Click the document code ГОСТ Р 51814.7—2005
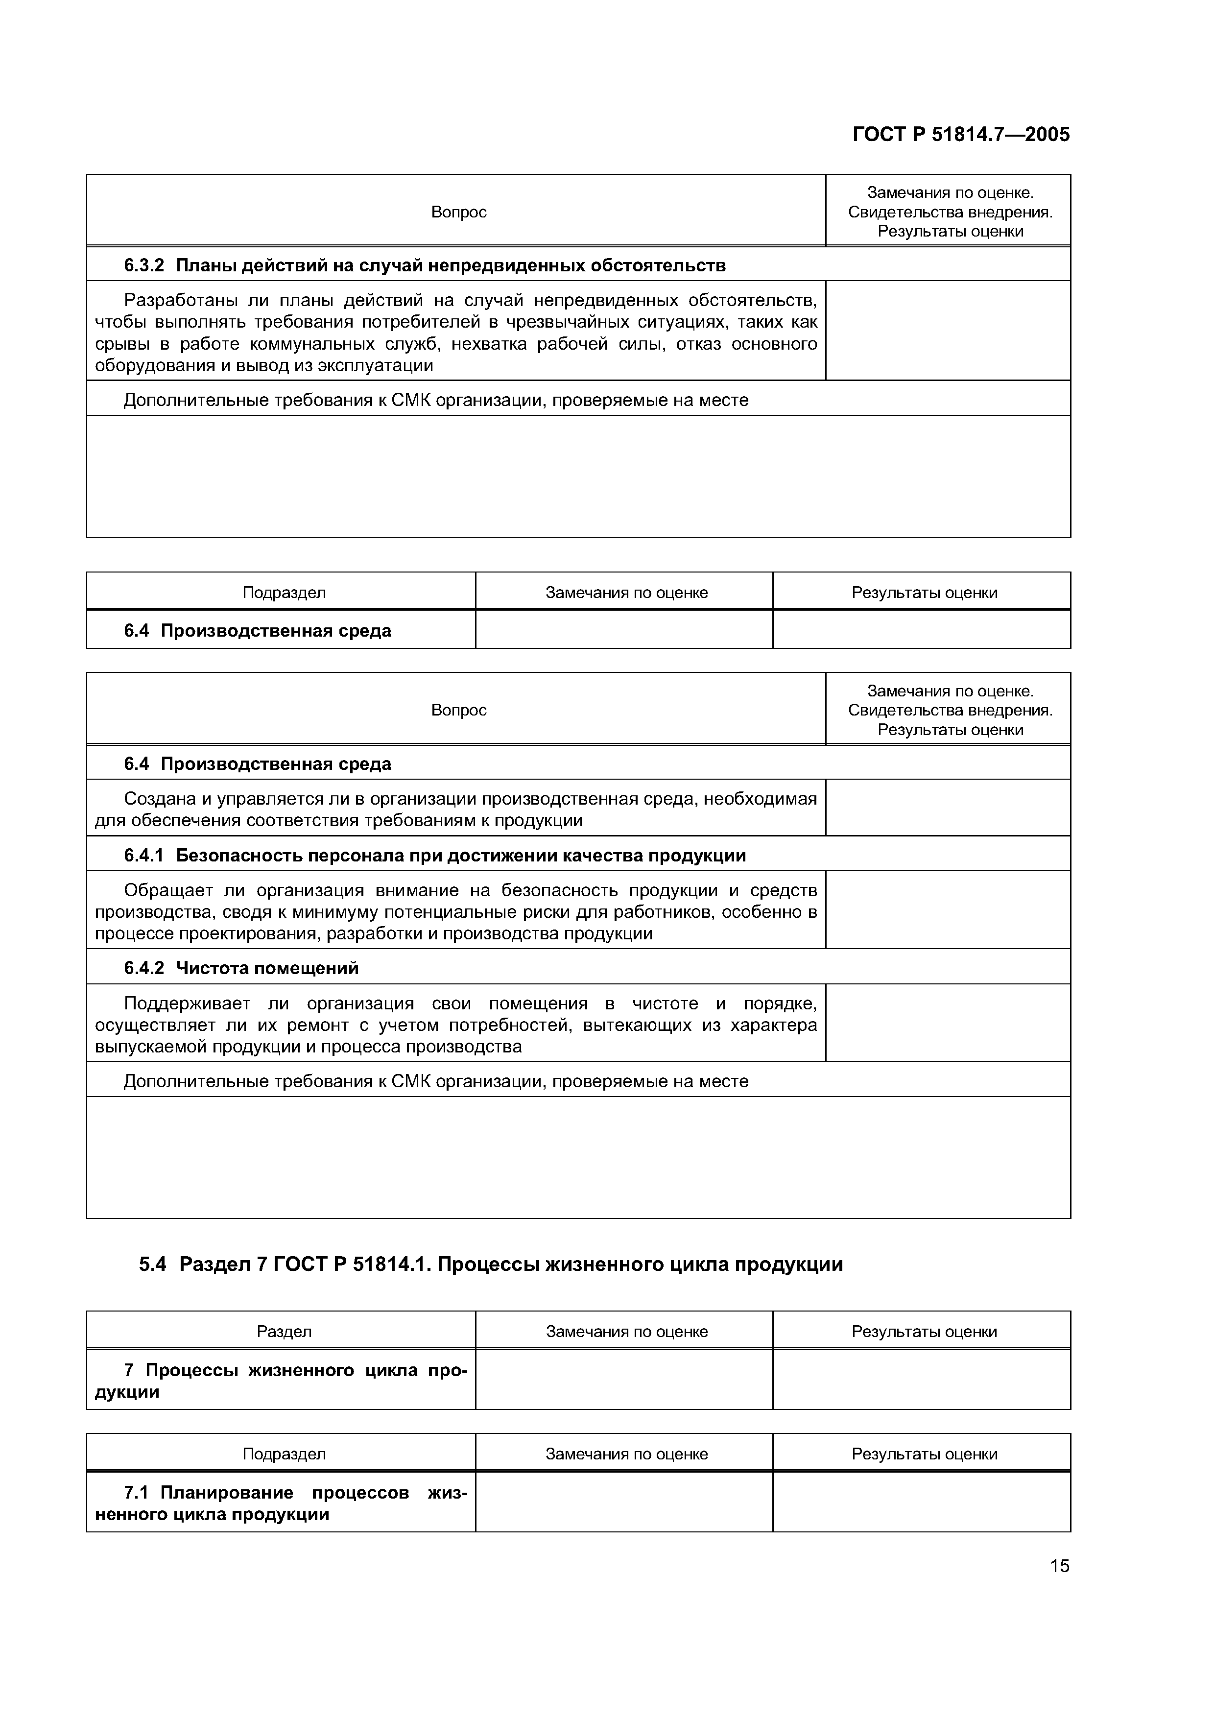(960, 135)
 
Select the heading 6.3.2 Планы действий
(424, 265)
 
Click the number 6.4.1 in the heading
(143, 855)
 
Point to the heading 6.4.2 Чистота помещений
(241, 968)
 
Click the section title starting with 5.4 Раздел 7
(491, 1265)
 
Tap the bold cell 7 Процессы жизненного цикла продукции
(281, 1381)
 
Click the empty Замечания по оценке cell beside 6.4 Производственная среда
(624, 630)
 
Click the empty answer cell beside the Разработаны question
(947, 331)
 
